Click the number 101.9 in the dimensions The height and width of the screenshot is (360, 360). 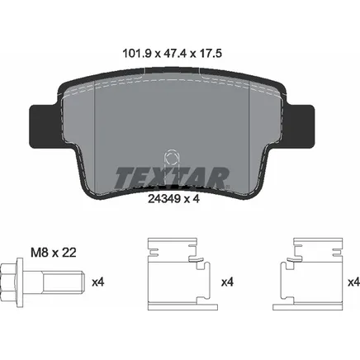tap(137, 53)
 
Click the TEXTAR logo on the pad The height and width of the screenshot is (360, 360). tap(172, 178)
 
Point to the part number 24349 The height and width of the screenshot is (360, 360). tap(164, 198)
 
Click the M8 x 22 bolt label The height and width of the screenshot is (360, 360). tap(54, 253)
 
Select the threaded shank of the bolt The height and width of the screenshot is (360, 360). tap(63, 282)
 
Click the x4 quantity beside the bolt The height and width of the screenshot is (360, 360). tap(98, 282)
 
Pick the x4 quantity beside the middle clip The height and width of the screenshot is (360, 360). tap(227, 282)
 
